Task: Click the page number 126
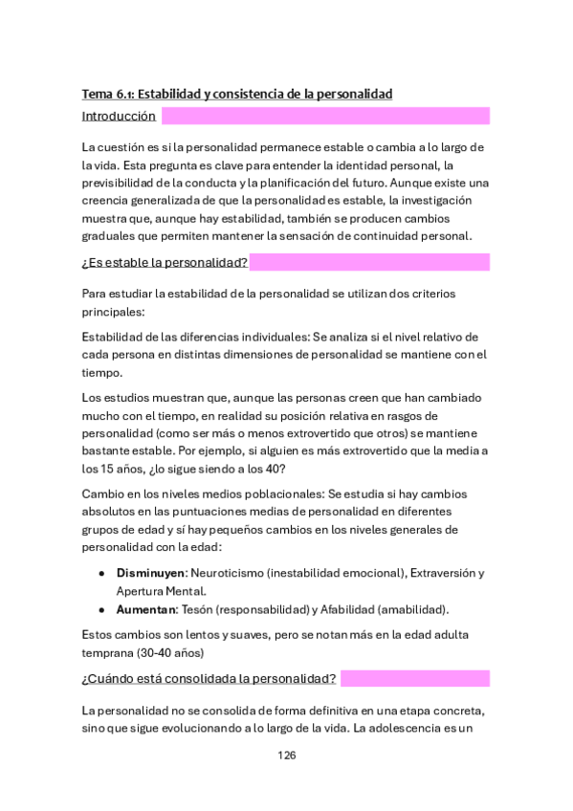286,755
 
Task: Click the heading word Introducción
119,117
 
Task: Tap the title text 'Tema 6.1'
107,94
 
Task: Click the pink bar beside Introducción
325,117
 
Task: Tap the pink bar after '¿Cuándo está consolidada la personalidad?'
415,679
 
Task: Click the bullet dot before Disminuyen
102,573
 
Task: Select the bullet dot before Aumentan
102,609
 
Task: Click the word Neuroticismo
228,573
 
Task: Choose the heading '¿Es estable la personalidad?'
165,262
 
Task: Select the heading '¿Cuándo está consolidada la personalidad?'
209,679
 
